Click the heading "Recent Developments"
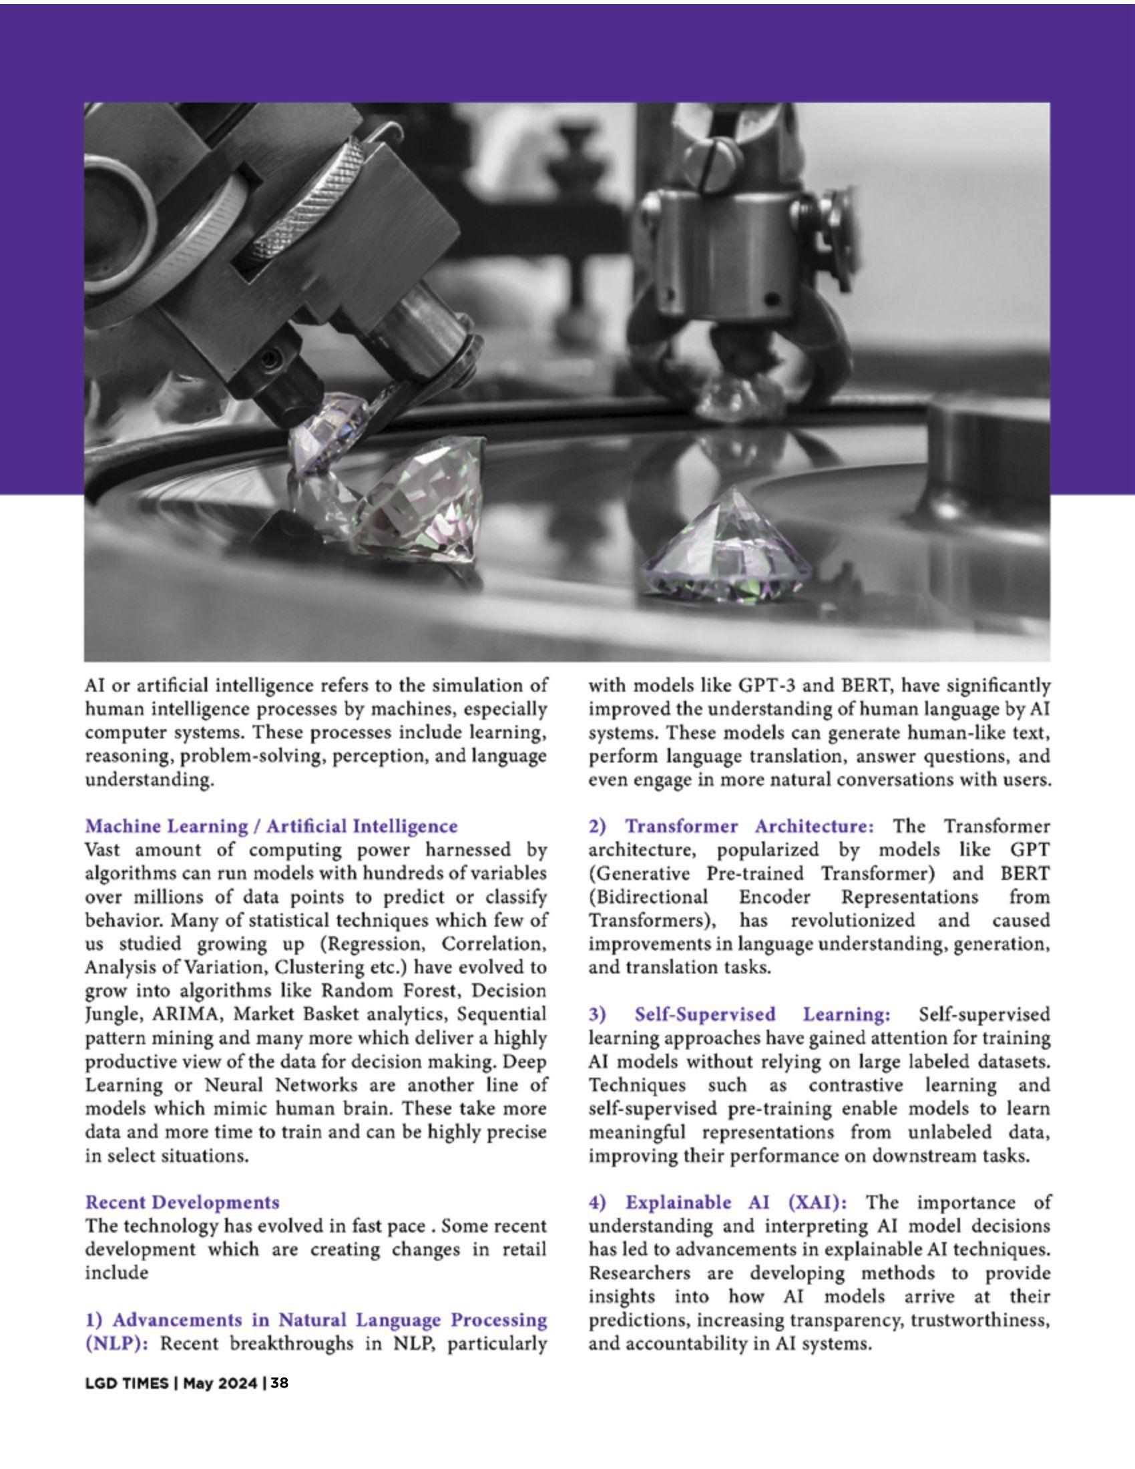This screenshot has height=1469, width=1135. pyautogui.click(x=182, y=1203)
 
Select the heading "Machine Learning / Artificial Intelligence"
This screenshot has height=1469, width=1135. pyautogui.click(x=271, y=826)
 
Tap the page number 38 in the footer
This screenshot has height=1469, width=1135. pyautogui.click(x=280, y=1383)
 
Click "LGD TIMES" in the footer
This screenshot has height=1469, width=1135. pyautogui.click(x=126, y=1383)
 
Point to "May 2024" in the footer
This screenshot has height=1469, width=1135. pyautogui.click(x=220, y=1383)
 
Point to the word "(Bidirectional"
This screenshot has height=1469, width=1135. pyautogui.click(x=648, y=897)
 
